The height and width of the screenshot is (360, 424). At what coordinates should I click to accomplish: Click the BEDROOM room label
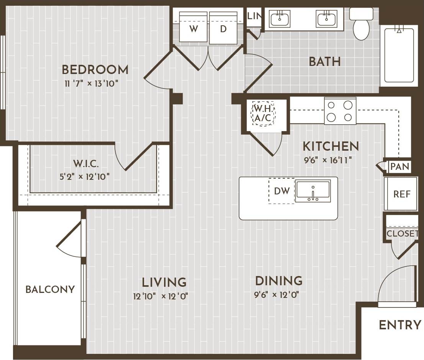pyautogui.click(x=95, y=70)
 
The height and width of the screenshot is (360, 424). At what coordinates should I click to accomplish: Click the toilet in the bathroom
pyautogui.click(x=361, y=25)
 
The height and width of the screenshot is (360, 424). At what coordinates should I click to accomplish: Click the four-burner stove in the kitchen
pyautogui.click(x=340, y=111)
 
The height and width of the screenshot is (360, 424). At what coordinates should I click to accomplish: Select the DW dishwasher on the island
pyautogui.click(x=282, y=191)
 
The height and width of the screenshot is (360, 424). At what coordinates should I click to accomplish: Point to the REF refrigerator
pyautogui.click(x=402, y=194)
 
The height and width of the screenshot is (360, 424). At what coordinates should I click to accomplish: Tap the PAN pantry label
pyautogui.click(x=400, y=167)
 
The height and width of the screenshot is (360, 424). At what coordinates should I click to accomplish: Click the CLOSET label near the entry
pyautogui.click(x=402, y=233)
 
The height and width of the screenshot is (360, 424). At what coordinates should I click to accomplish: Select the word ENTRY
pyautogui.click(x=400, y=325)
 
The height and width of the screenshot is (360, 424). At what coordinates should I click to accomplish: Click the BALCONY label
pyautogui.click(x=50, y=289)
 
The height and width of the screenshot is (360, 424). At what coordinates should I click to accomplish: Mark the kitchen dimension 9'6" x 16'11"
pyautogui.click(x=327, y=160)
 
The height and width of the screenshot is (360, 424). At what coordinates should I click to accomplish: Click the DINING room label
pyautogui.click(x=278, y=281)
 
